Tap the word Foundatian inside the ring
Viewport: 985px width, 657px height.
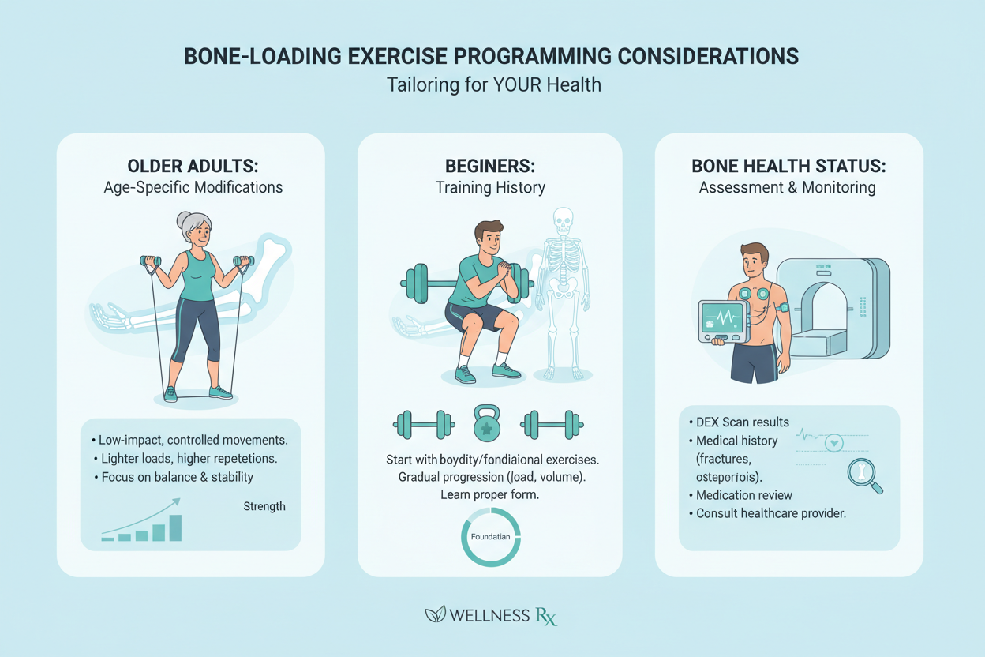(x=490, y=537)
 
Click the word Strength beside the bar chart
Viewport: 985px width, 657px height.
(x=264, y=506)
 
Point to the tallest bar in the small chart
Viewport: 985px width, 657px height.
(x=175, y=527)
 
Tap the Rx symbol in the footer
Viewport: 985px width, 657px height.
(x=545, y=615)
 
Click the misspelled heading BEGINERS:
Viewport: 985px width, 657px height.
(x=489, y=167)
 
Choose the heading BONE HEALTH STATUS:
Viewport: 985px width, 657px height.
(x=788, y=167)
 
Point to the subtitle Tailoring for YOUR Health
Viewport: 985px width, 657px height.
(x=493, y=84)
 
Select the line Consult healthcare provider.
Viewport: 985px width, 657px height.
(x=771, y=513)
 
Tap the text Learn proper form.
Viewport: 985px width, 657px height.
(x=489, y=494)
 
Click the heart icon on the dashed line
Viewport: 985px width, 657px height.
(x=833, y=443)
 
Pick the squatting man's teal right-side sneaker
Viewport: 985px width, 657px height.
(x=505, y=370)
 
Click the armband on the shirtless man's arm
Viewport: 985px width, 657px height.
(x=783, y=309)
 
